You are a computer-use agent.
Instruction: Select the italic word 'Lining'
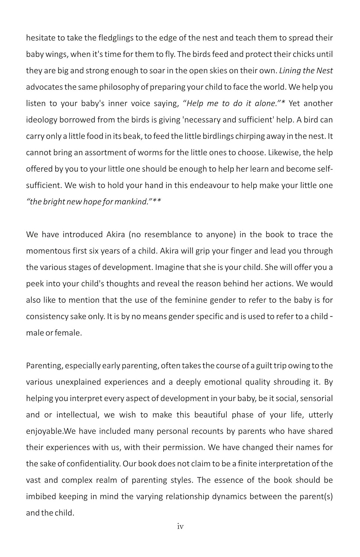(x=290, y=71)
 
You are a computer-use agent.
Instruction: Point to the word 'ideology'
(x=41, y=120)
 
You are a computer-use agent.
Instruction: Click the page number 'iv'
(x=180, y=527)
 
